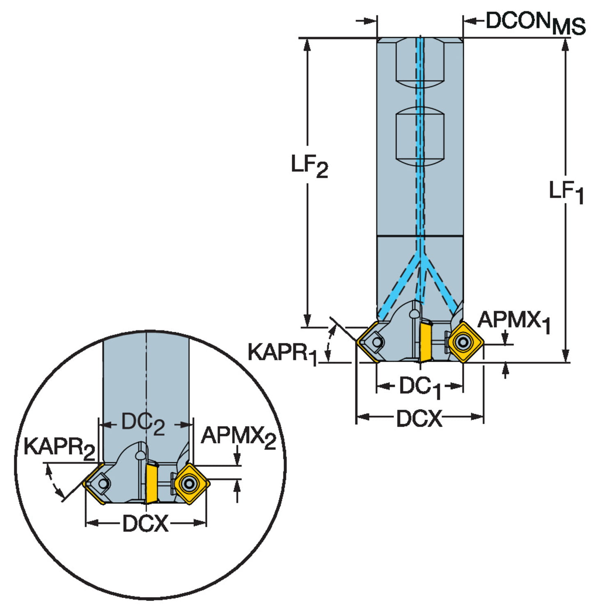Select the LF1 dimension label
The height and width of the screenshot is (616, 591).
pyautogui.click(x=566, y=192)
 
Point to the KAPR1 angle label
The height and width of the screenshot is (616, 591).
pyautogui.click(x=283, y=353)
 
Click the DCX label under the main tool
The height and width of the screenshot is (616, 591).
pyautogui.click(x=419, y=418)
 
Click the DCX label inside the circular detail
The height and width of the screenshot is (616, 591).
pyautogui.click(x=146, y=524)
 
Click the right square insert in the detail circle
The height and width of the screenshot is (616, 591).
pyautogui.click(x=190, y=483)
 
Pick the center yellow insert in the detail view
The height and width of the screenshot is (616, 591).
pyautogui.click(x=151, y=483)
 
